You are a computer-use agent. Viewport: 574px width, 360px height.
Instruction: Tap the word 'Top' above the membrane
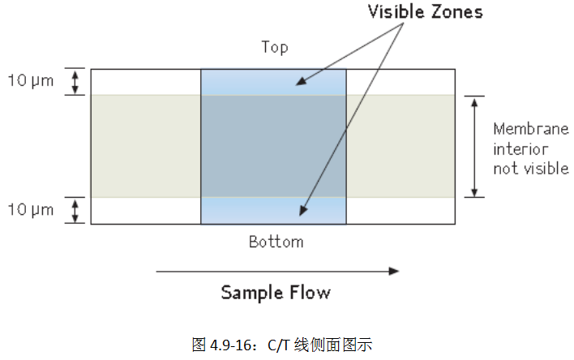[x=275, y=47]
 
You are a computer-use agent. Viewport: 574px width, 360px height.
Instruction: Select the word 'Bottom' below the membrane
[x=276, y=242]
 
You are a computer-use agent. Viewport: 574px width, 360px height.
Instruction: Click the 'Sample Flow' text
[x=276, y=292]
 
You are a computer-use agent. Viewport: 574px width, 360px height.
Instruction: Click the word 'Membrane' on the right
[x=531, y=129]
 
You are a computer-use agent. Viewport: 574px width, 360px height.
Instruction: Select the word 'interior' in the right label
[x=520, y=149]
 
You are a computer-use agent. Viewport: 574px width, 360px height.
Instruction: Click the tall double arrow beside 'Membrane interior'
[x=474, y=147]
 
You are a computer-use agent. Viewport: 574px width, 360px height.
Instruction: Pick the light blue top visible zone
[x=273, y=83]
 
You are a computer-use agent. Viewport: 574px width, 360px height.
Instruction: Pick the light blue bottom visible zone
[x=273, y=210]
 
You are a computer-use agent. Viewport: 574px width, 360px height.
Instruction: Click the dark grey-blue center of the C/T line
[x=273, y=146]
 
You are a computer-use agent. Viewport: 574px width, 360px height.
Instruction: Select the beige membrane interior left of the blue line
[x=145, y=146]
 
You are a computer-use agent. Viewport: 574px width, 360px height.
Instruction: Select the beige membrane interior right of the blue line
[x=401, y=146]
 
